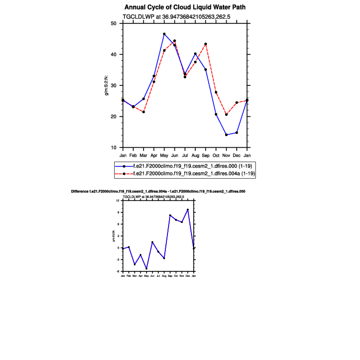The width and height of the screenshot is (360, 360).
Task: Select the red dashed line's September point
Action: (x=206, y=44)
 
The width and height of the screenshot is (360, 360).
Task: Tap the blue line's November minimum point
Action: (x=226, y=135)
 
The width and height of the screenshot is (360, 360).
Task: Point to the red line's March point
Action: (x=143, y=112)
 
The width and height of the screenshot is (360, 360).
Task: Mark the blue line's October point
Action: (x=216, y=114)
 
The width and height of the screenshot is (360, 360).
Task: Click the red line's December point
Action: (x=237, y=102)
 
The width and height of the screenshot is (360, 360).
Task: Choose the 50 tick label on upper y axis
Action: (x=113, y=23)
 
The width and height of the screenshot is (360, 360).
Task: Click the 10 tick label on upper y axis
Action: (x=113, y=148)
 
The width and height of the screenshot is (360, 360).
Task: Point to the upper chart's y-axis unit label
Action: (x=107, y=85)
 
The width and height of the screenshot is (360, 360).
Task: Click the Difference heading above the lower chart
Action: (x=158, y=191)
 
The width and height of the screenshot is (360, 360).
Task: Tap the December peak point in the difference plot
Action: (x=188, y=210)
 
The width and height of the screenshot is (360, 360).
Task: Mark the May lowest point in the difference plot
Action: (x=147, y=269)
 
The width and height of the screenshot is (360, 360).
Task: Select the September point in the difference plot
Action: (x=170, y=215)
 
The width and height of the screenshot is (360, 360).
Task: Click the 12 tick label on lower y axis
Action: (x=118, y=201)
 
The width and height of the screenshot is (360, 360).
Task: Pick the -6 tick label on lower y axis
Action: (x=118, y=272)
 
